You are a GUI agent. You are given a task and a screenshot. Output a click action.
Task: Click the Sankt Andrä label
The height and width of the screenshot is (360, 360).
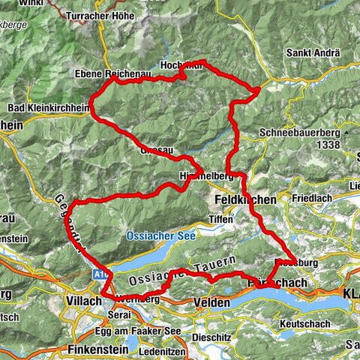313,54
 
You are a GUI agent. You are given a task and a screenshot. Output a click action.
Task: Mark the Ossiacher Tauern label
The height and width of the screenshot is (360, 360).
184,272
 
